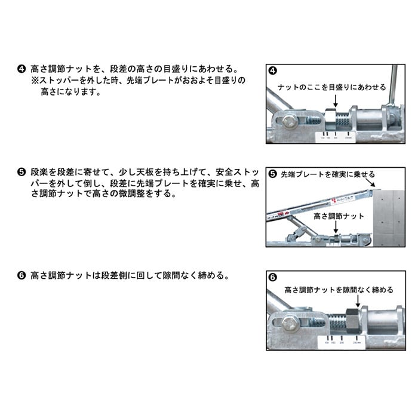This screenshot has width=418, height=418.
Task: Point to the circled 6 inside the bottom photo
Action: [x=273, y=278]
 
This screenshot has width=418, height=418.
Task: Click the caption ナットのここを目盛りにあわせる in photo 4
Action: [x=333, y=87]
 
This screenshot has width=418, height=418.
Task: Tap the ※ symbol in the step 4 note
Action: [x=36, y=79]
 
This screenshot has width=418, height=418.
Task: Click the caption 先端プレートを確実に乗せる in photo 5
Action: [x=328, y=174]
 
